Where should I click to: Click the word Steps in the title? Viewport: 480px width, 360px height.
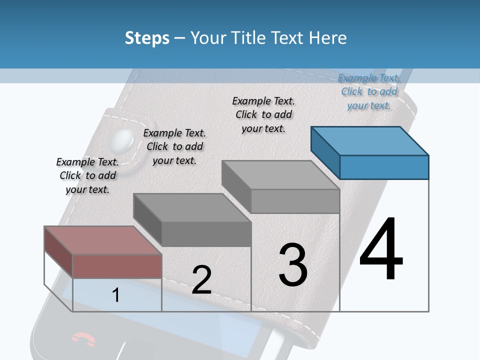click(x=147, y=38)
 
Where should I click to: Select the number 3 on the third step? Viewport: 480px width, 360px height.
click(x=292, y=265)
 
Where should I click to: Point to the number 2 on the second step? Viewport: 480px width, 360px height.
click(x=201, y=280)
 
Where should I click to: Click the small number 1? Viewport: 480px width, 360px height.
click(x=116, y=295)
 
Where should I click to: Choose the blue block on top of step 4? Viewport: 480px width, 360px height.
click(x=370, y=152)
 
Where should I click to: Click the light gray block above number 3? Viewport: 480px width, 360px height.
click(x=281, y=187)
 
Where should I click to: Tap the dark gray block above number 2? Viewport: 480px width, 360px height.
click(x=192, y=220)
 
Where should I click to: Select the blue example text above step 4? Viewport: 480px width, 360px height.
click(x=369, y=91)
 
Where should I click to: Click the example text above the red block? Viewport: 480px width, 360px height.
click(x=87, y=175)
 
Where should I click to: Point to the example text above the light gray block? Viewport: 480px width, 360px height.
click(x=263, y=114)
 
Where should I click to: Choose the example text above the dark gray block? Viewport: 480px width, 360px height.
click(x=174, y=146)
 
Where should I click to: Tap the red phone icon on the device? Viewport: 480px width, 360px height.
click(x=83, y=339)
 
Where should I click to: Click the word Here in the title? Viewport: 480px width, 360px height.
click(x=327, y=38)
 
